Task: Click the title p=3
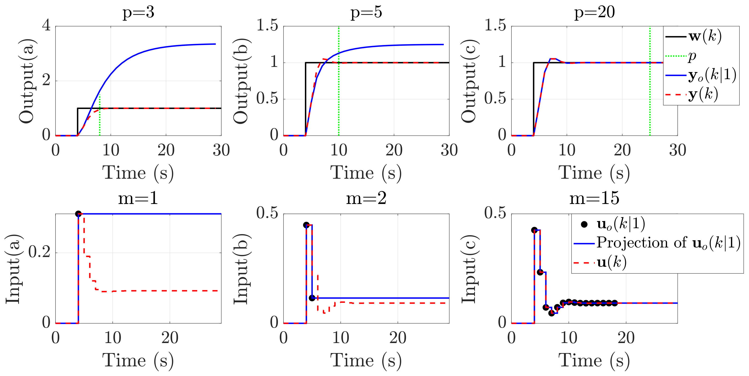(138, 12)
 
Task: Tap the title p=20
(594, 12)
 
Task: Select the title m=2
(366, 199)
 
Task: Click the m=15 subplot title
(594, 199)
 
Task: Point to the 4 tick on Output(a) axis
(46, 26)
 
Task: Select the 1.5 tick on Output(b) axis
(267, 26)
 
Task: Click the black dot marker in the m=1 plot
(78, 214)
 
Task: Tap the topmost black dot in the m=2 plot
(306, 225)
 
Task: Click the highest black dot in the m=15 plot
(534, 230)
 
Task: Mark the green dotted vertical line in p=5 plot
(339, 87)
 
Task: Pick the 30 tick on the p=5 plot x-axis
(449, 150)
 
